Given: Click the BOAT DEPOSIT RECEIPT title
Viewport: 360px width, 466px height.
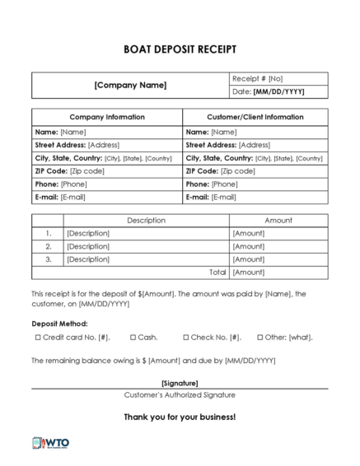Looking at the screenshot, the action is [x=179, y=49].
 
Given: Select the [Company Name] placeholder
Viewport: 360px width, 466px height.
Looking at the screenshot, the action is [x=130, y=85].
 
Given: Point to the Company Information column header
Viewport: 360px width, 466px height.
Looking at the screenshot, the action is [x=106, y=117].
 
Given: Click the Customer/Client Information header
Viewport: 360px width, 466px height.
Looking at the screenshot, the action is [x=255, y=117].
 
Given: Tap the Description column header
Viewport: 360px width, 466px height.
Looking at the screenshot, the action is [x=147, y=221].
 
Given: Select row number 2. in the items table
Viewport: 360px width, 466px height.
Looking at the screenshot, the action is [x=49, y=246].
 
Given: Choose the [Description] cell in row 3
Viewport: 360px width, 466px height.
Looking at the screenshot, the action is [x=88, y=259].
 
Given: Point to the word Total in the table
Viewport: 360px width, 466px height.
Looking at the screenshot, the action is [x=217, y=272].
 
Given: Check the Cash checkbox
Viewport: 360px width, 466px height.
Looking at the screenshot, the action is [x=132, y=338].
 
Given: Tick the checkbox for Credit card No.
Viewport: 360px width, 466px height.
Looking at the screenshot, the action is [x=37, y=338].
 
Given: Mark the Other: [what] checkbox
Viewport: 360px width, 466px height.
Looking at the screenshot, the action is [x=259, y=338].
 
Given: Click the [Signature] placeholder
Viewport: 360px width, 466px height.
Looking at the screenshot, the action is [x=180, y=383].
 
